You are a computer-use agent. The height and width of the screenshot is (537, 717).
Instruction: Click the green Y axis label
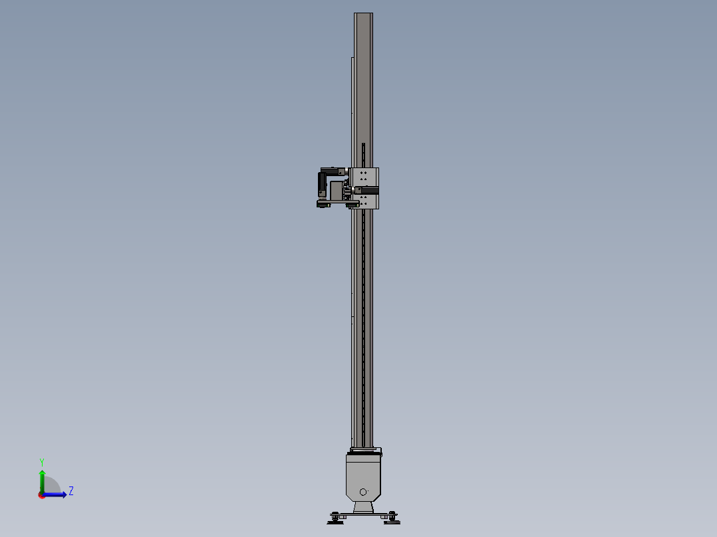point(41,461)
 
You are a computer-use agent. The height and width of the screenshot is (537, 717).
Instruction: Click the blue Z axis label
point(71,491)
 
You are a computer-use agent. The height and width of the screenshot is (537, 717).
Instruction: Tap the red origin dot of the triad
point(41,495)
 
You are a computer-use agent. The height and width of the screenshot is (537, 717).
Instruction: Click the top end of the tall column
point(363,15)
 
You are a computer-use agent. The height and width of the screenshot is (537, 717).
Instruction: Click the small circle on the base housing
point(362,492)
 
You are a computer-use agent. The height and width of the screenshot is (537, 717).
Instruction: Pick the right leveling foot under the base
point(392,517)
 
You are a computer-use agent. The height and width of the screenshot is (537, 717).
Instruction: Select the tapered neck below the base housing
point(363,507)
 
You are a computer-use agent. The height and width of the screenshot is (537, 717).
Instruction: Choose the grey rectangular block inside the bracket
point(336,190)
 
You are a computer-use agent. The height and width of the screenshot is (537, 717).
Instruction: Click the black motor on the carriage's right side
point(370,191)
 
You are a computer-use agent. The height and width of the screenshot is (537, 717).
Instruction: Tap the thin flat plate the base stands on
point(363,515)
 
